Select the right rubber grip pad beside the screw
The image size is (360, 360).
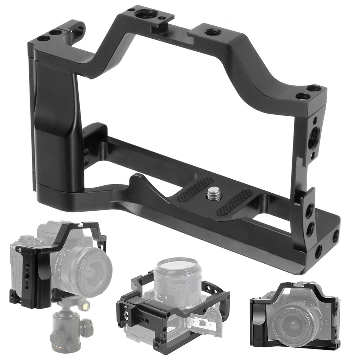click(x=234, y=203)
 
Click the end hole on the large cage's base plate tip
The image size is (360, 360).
click(x=335, y=236)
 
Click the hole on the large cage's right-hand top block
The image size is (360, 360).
click(x=212, y=32)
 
